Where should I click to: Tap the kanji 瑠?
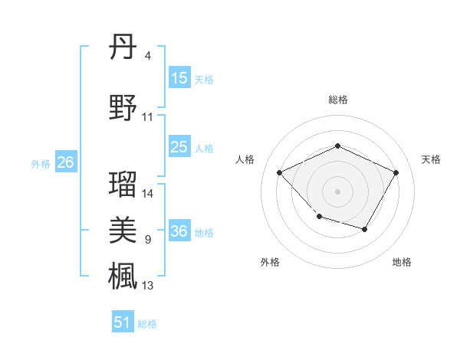[x=123, y=183]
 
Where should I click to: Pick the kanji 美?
[x=123, y=230]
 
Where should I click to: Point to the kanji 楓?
[x=123, y=275]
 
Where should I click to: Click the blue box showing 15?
[x=179, y=78]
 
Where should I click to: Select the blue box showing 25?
[x=179, y=147]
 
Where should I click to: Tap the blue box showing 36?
[x=179, y=231]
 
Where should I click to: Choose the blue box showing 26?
[x=65, y=162]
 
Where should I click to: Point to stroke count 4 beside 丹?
[x=148, y=55]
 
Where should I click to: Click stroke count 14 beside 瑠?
[x=148, y=194]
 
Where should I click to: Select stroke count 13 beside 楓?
[x=148, y=286]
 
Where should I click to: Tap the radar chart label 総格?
[x=337, y=100]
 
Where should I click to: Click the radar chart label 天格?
[x=431, y=159]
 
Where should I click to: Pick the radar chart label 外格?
[x=270, y=262]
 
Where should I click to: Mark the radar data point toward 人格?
[x=280, y=172]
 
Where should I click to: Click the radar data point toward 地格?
[x=365, y=229]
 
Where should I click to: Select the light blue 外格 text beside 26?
[x=41, y=163]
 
